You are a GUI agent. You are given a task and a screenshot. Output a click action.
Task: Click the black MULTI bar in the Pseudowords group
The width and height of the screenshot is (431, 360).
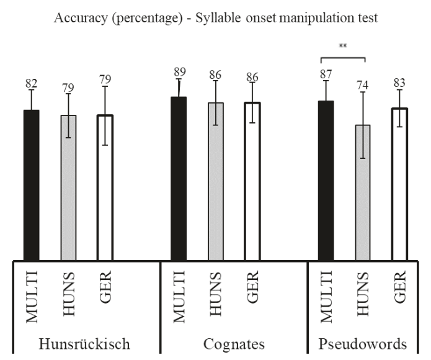[326, 181]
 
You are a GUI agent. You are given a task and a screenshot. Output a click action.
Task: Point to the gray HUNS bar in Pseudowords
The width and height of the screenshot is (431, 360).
[362, 192]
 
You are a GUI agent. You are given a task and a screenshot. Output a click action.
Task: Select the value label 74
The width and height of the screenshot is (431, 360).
[362, 84]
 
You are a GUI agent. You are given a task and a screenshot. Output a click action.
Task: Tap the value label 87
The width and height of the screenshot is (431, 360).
[326, 74]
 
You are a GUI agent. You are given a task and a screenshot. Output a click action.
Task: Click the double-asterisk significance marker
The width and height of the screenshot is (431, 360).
[343, 46]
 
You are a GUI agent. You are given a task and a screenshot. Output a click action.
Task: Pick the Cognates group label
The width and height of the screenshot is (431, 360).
[234, 344]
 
